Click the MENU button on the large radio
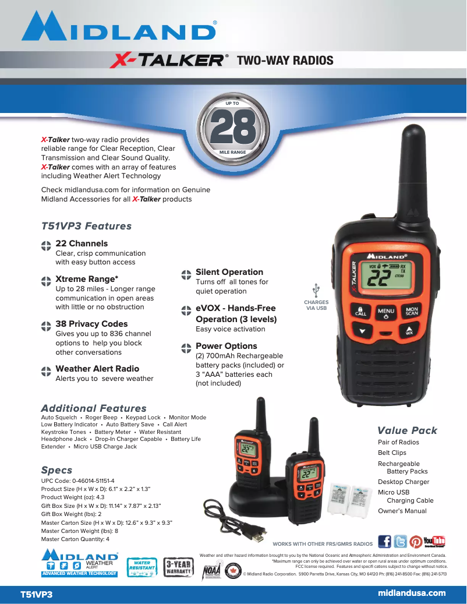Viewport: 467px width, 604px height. coord(385,312)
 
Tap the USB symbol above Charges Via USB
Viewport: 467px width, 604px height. coord(316,289)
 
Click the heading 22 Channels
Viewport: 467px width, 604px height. coord(81,243)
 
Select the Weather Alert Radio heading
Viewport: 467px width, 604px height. coord(97,369)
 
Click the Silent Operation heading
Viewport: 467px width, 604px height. coord(229,272)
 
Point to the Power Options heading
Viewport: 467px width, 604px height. coord(226,346)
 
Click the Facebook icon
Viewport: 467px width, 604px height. coord(385,542)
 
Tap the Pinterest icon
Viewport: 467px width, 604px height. coord(416,542)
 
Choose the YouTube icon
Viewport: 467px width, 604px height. coord(434,542)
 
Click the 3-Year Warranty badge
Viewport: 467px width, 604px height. coord(178,567)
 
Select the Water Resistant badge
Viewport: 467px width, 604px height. coord(141,567)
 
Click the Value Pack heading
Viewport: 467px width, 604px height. coord(407,430)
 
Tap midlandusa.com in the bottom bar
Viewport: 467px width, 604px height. coord(412,593)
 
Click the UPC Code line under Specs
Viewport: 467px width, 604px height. coord(77,481)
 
